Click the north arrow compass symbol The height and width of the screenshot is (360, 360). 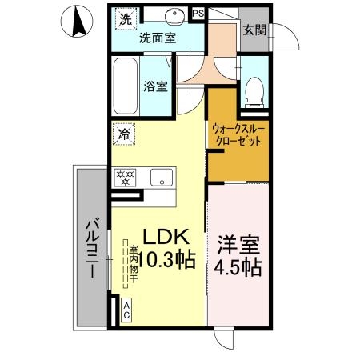click(x=77, y=21)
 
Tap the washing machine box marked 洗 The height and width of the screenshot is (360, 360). click(x=126, y=18)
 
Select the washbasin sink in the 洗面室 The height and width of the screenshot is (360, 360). click(x=175, y=16)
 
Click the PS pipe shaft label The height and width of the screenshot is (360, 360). click(x=198, y=14)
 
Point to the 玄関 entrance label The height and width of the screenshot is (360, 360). click(x=254, y=30)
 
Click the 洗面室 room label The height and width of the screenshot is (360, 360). click(x=158, y=38)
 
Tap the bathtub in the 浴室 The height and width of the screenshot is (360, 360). click(x=126, y=86)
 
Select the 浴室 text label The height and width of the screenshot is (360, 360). click(x=156, y=86)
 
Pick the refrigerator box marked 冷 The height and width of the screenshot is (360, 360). click(x=124, y=134)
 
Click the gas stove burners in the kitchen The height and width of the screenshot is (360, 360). click(x=125, y=178)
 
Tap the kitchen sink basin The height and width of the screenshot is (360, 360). click(x=162, y=178)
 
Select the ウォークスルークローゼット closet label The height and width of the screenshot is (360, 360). click(x=238, y=135)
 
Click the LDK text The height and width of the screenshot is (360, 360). click(x=166, y=237)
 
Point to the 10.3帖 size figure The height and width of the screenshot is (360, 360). click(x=167, y=259)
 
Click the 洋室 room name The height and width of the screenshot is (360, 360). click(x=238, y=245)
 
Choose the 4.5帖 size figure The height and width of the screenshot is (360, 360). click(x=238, y=267)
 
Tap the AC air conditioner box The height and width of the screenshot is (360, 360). click(x=126, y=310)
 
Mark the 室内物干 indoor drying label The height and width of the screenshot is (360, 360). click(x=134, y=263)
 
